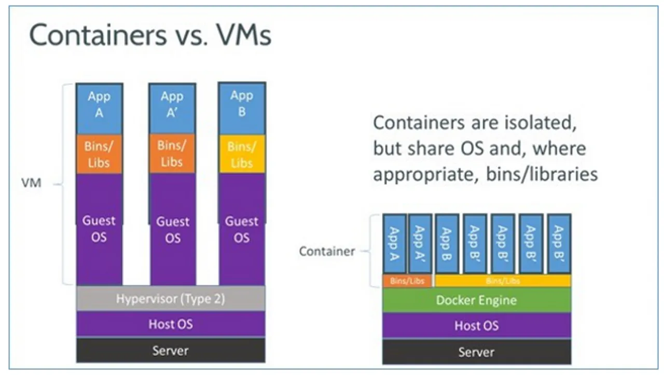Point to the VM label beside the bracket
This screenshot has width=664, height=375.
[31, 183]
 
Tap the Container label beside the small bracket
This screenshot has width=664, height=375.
[327, 252]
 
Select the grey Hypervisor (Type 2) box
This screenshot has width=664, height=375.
[171, 299]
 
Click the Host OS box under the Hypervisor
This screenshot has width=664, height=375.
[171, 325]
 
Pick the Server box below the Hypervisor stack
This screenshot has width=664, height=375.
[171, 351]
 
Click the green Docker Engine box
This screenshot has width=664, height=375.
[476, 300]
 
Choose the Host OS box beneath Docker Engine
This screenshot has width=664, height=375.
[476, 326]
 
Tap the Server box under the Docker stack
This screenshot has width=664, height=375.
[476, 352]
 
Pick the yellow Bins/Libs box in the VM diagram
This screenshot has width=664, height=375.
[242, 155]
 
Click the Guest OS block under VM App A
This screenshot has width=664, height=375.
[99, 229]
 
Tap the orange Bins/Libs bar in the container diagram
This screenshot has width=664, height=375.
[407, 281]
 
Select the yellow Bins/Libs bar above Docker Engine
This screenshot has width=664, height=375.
[503, 281]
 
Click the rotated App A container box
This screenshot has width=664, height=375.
[394, 243]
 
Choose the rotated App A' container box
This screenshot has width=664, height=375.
[420, 243]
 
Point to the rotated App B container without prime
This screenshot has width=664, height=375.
[447, 243]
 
